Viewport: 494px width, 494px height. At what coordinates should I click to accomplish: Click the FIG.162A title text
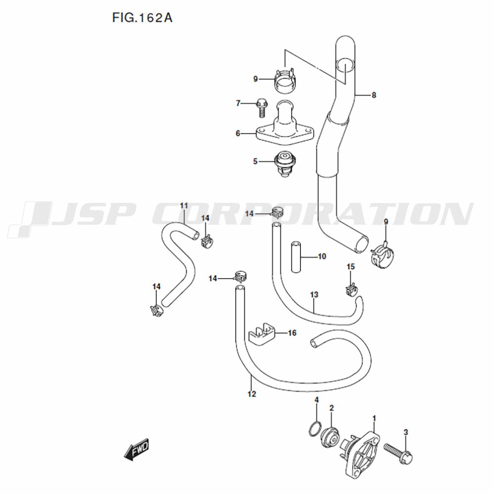click(142, 18)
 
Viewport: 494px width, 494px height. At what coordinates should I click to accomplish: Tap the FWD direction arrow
click(136, 449)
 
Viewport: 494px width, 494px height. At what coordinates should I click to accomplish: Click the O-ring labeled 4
click(315, 429)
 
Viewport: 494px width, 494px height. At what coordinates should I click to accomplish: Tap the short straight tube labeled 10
click(296, 257)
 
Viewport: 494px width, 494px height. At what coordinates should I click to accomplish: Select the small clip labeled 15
click(351, 289)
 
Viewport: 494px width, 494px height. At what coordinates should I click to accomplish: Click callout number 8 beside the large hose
click(373, 95)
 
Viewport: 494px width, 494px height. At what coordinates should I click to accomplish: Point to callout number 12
click(252, 394)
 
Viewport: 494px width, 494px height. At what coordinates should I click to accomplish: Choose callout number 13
click(314, 295)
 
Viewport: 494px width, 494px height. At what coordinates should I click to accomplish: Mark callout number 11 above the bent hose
click(184, 206)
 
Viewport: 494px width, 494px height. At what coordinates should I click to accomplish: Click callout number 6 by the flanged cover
click(238, 133)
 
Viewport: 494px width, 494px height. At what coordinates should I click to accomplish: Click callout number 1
click(374, 419)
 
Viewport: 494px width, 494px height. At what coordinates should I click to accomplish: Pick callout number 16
click(292, 333)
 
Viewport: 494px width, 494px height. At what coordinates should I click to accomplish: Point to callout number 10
click(322, 256)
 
